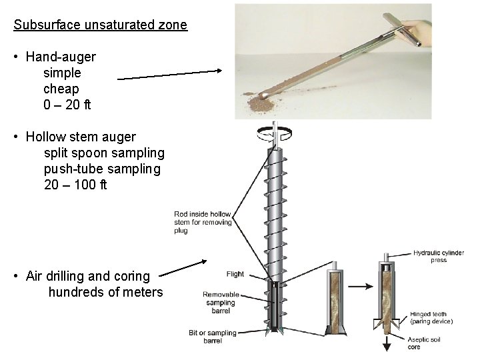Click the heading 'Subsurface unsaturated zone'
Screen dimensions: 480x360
pyautogui.click(x=101, y=26)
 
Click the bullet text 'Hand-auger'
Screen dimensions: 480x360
pyautogui.click(x=61, y=58)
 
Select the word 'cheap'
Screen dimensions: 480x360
pyautogui.click(x=61, y=89)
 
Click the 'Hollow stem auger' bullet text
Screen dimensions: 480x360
pyautogui.click(x=81, y=137)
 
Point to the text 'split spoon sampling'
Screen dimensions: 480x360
pyautogui.click(x=104, y=153)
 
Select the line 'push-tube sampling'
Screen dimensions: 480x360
pyautogui.click(x=102, y=169)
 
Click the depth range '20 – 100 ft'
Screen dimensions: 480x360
pyautogui.click(x=75, y=185)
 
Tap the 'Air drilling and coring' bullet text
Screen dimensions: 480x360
pyautogui.click(x=88, y=276)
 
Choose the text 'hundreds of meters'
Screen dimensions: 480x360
pyautogui.click(x=105, y=292)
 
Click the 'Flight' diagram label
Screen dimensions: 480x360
pyautogui.click(x=235, y=274)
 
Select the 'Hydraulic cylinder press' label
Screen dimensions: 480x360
pyautogui.click(x=439, y=257)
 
